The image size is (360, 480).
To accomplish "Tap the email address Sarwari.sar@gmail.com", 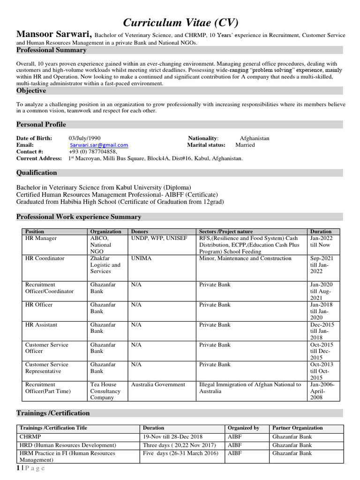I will pos(98,145).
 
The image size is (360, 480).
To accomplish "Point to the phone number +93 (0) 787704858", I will pos(93,152).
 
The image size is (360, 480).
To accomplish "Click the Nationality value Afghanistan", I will pos(255,138).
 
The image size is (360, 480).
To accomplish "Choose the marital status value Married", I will pos(245,145).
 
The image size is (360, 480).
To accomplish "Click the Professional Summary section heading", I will pos(52,50).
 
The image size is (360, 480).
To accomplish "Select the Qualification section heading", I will pos(37,172).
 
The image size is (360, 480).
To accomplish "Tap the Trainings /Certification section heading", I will pos(53,413).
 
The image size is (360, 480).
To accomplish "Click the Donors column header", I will pos(140,232).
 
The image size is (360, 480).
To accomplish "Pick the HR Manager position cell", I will pos(41,238).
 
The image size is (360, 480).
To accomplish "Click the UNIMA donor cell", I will pos(142,258).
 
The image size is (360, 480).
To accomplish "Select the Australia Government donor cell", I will pos(158,384).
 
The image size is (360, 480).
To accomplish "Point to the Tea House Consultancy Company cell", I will pos(105,391).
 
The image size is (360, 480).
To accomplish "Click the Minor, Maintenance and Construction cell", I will pos(245,258).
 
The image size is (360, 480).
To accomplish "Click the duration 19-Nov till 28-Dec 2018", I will pos(173,436).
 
